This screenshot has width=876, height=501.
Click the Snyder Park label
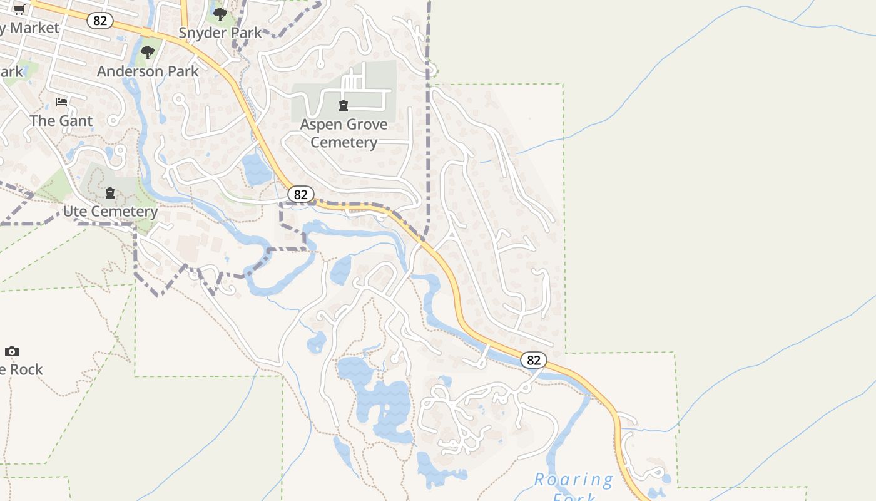tap(220, 33)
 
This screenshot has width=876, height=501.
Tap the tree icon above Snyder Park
tap(220, 14)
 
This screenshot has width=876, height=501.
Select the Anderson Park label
tap(148, 71)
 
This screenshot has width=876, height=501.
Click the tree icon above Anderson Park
tap(148, 53)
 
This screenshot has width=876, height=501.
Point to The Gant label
tap(61, 120)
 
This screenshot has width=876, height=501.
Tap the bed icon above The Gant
tap(61, 101)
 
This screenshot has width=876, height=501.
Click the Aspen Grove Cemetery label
tap(344, 133)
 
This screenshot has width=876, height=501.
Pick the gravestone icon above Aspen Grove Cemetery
tap(344, 105)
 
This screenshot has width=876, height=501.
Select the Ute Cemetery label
tap(110, 211)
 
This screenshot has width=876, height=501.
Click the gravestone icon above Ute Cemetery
tap(110, 193)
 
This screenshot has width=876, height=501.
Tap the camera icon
tap(12, 351)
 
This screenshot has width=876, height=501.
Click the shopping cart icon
tap(19, 9)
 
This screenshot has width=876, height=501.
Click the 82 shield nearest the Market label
tap(100, 21)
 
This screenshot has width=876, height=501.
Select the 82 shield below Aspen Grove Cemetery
tap(301, 194)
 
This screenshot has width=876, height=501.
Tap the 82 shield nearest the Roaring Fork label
tap(533, 360)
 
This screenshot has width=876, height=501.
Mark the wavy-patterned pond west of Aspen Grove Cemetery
tap(257, 170)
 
